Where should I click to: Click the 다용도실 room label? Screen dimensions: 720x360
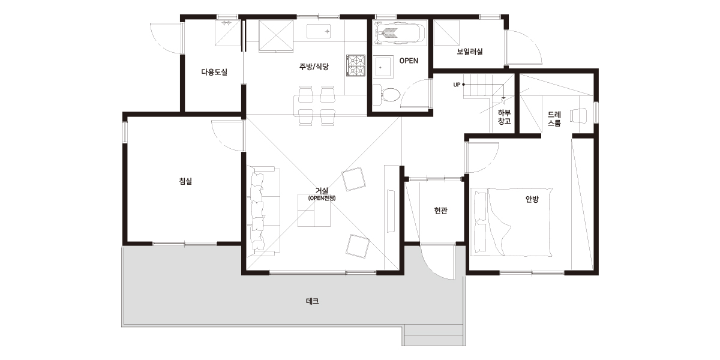tap(214, 72)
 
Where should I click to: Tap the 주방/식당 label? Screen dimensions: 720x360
tap(314, 67)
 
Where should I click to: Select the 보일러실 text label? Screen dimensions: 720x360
tap(470, 52)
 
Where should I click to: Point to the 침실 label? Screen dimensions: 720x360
tap(185, 181)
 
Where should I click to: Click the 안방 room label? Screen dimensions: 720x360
tap(532, 199)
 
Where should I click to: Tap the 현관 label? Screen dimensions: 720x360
tap(440, 211)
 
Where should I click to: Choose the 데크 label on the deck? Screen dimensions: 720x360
tap(312, 301)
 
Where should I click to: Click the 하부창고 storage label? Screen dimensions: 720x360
tap(504, 117)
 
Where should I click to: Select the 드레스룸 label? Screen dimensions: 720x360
tap(554, 119)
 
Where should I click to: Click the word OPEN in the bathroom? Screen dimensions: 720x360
tap(409, 61)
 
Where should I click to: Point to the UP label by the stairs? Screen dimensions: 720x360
tap(457, 85)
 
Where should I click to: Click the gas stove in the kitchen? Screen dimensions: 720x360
tap(356, 65)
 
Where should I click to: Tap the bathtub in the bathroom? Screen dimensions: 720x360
tap(398, 32)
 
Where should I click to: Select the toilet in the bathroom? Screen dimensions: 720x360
tap(387, 94)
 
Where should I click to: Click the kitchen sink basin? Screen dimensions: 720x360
tap(319, 31)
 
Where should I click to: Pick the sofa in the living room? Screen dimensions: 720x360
tap(263, 211)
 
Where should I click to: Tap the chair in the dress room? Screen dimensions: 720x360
tap(578, 115)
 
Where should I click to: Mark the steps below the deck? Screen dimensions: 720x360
tap(434, 335)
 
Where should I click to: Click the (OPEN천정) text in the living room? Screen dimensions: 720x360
tap(322, 198)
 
